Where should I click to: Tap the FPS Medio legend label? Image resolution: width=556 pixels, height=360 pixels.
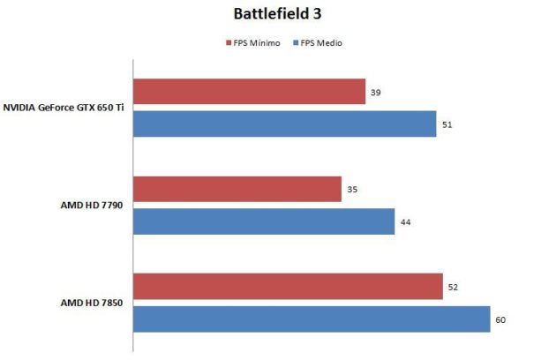pos(322,42)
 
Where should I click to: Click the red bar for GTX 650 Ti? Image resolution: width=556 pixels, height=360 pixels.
pos(249,92)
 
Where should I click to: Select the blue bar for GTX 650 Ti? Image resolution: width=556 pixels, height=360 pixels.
pos(284,124)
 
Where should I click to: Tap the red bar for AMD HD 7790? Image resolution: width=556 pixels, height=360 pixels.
pos(237,189)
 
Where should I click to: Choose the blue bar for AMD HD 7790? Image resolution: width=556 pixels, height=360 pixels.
pos(263,221)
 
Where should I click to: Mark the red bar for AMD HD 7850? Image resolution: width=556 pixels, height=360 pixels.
pos(288,287)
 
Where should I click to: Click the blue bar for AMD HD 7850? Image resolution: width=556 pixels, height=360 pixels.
pos(311,319)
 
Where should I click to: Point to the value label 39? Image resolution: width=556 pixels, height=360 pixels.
pos(376,92)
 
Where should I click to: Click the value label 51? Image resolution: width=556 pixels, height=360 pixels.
pos(447,124)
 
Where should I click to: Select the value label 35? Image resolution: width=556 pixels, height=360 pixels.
pos(352,189)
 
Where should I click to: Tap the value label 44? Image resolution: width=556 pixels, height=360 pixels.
pos(405,221)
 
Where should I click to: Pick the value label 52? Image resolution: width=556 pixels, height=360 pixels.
pos(454,287)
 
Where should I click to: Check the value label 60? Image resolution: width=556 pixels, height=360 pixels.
pos(500,319)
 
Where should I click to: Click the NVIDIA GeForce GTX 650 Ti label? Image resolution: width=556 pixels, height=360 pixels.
pos(63,109)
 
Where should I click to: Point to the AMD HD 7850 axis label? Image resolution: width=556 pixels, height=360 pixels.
pos(91,303)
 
